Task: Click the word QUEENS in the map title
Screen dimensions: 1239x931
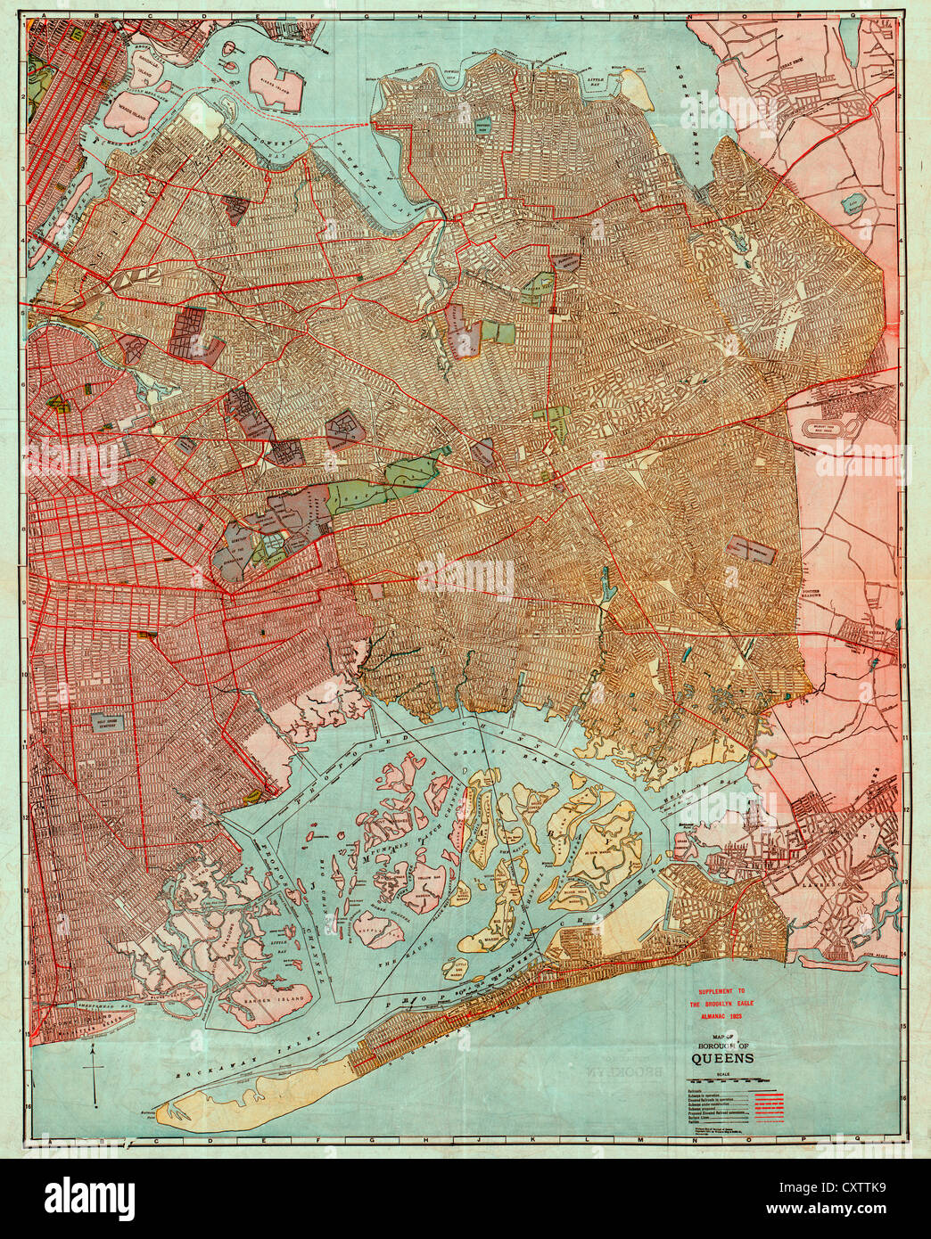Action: click(722, 1058)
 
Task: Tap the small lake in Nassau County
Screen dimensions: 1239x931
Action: click(854, 204)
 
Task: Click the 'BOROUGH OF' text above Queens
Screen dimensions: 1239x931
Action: click(722, 1046)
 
